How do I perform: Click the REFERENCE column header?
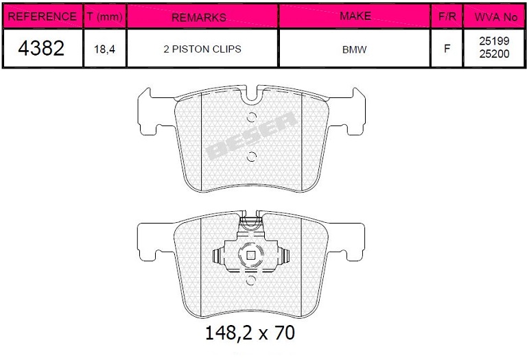pyautogui.click(x=42, y=16)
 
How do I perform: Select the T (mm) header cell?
pyautogui.click(x=104, y=16)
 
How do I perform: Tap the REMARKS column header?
pyautogui.click(x=199, y=17)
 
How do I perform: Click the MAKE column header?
pyautogui.click(x=355, y=16)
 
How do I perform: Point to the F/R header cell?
pyautogui.click(x=447, y=16)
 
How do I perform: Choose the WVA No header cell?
pyautogui.click(x=495, y=17)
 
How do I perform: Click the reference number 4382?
pyautogui.click(x=41, y=48)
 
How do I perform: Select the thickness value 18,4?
pyautogui.click(x=104, y=49)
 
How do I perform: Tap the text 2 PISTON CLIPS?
pyautogui.click(x=202, y=49)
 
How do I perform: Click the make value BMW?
pyautogui.click(x=354, y=49)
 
